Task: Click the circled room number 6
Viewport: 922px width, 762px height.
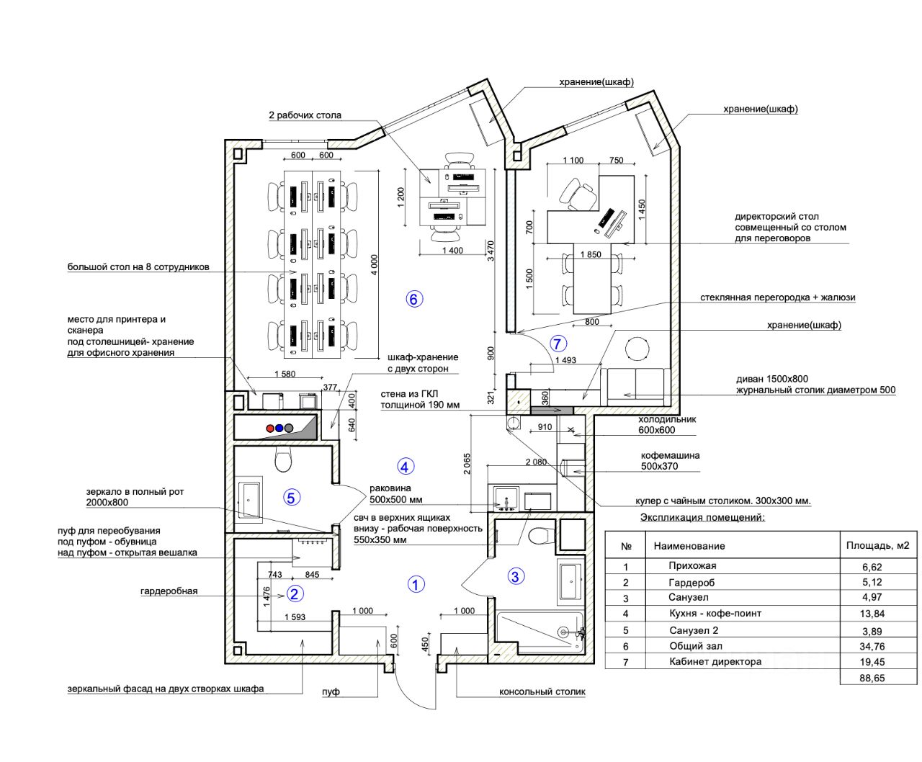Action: (x=414, y=299)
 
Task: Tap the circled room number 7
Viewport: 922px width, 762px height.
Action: (x=558, y=343)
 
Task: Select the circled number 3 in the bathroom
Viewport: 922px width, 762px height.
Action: (x=515, y=575)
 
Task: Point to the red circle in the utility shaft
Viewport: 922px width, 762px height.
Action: (x=270, y=428)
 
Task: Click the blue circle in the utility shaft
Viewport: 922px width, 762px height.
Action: (x=279, y=428)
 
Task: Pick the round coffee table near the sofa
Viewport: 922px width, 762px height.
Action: (x=637, y=349)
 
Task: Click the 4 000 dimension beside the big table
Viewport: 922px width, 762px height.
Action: (x=375, y=264)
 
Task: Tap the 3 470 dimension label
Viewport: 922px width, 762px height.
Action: (x=491, y=251)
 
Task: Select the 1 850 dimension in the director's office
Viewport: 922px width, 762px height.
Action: (x=591, y=254)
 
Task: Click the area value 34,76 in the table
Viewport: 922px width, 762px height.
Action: (x=872, y=646)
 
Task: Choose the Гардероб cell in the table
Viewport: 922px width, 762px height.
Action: (x=691, y=583)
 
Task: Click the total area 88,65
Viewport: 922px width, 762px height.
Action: (x=872, y=678)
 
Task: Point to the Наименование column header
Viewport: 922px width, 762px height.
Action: (x=689, y=546)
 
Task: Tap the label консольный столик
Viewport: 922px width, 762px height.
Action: (x=542, y=692)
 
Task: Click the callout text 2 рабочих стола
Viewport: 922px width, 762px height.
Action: (x=305, y=115)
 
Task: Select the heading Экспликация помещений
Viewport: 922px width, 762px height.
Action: (x=702, y=517)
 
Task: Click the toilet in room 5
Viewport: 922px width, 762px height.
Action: (x=283, y=460)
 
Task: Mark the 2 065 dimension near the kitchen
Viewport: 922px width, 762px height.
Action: (x=467, y=464)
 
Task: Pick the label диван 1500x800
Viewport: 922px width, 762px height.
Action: (x=772, y=379)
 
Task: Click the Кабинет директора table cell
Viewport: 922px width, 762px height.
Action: (x=715, y=662)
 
